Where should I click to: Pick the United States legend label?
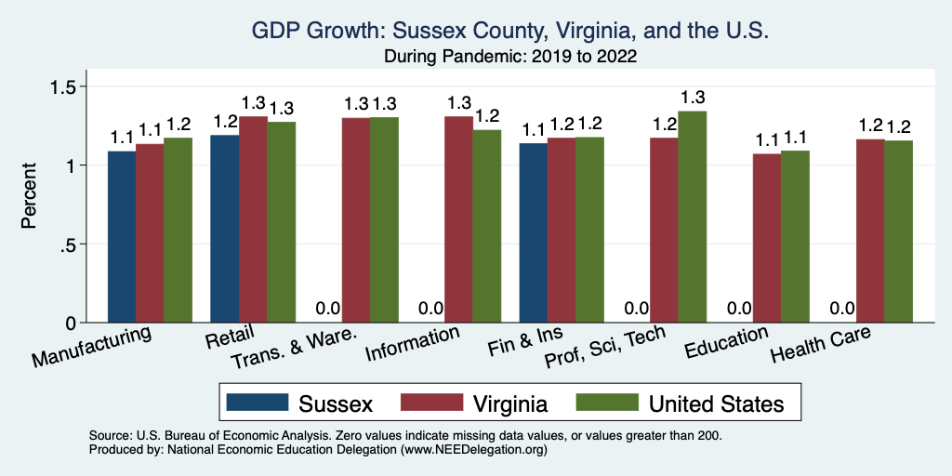(716, 403)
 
